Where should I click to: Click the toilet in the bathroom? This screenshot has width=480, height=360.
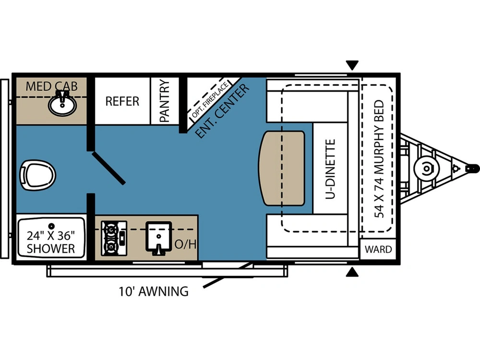coord(37,175)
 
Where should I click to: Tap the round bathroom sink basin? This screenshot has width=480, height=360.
coord(62,105)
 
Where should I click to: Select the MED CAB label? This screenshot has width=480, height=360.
coord(51,86)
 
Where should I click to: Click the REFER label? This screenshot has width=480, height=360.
coord(122,101)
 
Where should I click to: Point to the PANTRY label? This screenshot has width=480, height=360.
coord(165,101)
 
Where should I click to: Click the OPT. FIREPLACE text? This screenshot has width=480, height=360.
coord(210,100)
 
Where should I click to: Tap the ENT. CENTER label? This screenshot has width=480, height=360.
coord(223,111)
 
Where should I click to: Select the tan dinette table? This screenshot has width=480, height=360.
coord(282,168)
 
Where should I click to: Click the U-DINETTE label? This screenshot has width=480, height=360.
coord(330,168)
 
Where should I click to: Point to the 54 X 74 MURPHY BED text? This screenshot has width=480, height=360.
coord(379,158)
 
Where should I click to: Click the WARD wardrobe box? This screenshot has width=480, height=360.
coord(378,250)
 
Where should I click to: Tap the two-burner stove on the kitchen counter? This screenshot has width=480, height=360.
coord(114,238)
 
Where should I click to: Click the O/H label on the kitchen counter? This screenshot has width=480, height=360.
coord(185,244)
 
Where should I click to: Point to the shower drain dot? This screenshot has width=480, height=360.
coord(52,226)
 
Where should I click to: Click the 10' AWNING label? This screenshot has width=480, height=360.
coord(154,291)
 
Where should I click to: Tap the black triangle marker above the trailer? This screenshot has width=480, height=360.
coord(352,65)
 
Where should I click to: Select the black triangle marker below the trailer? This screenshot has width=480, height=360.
coord(352,272)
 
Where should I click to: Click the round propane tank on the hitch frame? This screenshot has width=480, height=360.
coord(426,168)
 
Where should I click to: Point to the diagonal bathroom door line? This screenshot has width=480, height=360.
coord(108,168)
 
